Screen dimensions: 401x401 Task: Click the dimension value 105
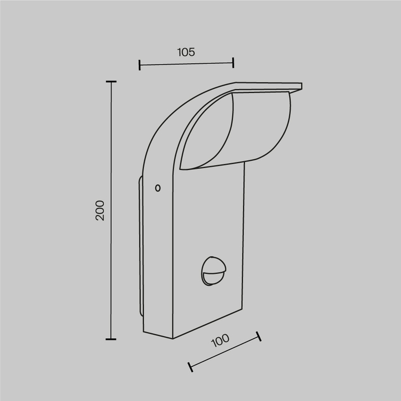186,52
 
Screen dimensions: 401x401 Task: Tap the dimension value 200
100,210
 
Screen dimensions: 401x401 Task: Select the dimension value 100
220,340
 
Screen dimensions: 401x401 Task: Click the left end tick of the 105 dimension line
139,65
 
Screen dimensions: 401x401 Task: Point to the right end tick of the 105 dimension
233,63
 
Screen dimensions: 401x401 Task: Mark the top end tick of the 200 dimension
111,82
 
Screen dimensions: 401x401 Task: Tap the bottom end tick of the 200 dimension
111,339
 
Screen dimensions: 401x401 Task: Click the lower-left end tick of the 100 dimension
191,366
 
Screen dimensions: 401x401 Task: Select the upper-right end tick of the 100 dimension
258,336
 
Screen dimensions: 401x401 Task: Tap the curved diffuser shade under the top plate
245,131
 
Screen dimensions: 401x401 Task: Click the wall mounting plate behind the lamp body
140,245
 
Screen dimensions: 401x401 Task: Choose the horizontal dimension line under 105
186,64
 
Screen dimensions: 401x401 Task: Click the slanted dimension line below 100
225,351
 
